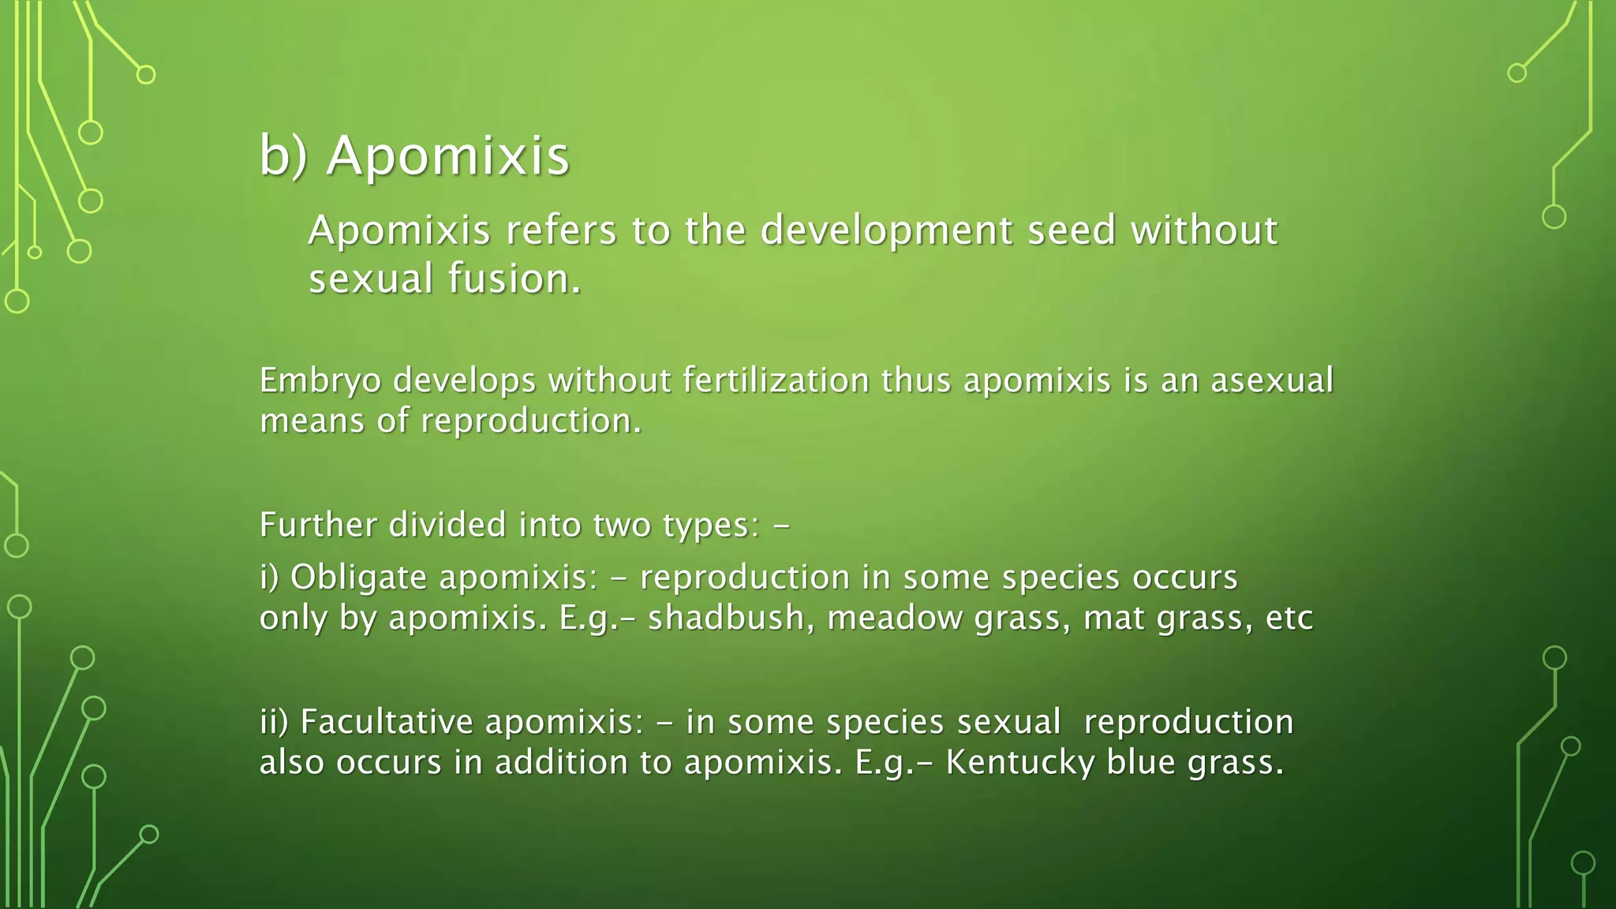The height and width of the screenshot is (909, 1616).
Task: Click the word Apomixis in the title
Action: pyautogui.click(x=447, y=155)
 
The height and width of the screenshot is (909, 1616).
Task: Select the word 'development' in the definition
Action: pyautogui.click(x=886, y=231)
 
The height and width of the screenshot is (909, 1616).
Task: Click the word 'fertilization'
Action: pyautogui.click(x=775, y=380)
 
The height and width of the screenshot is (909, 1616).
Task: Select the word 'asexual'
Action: pyautogui.click(x=1271, y=380)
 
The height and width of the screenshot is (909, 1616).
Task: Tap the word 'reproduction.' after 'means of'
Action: pyautogui.click(x=531, y=421)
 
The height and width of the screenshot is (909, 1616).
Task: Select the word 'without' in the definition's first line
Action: pyautogui.click(x=1204, y=231)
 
